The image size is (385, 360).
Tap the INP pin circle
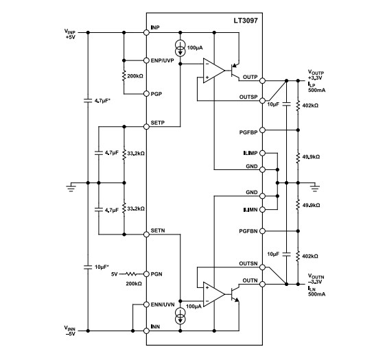point(147,32)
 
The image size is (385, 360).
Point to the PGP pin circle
point(147,93)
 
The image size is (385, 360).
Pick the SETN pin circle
point(147,235)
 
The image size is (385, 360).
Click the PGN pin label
point(158,273)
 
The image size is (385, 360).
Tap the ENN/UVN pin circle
point(147,304)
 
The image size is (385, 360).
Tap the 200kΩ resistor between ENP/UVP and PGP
point(124,76)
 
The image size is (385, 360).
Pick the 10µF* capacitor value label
point(102,267)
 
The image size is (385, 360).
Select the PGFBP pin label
point(248,130)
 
